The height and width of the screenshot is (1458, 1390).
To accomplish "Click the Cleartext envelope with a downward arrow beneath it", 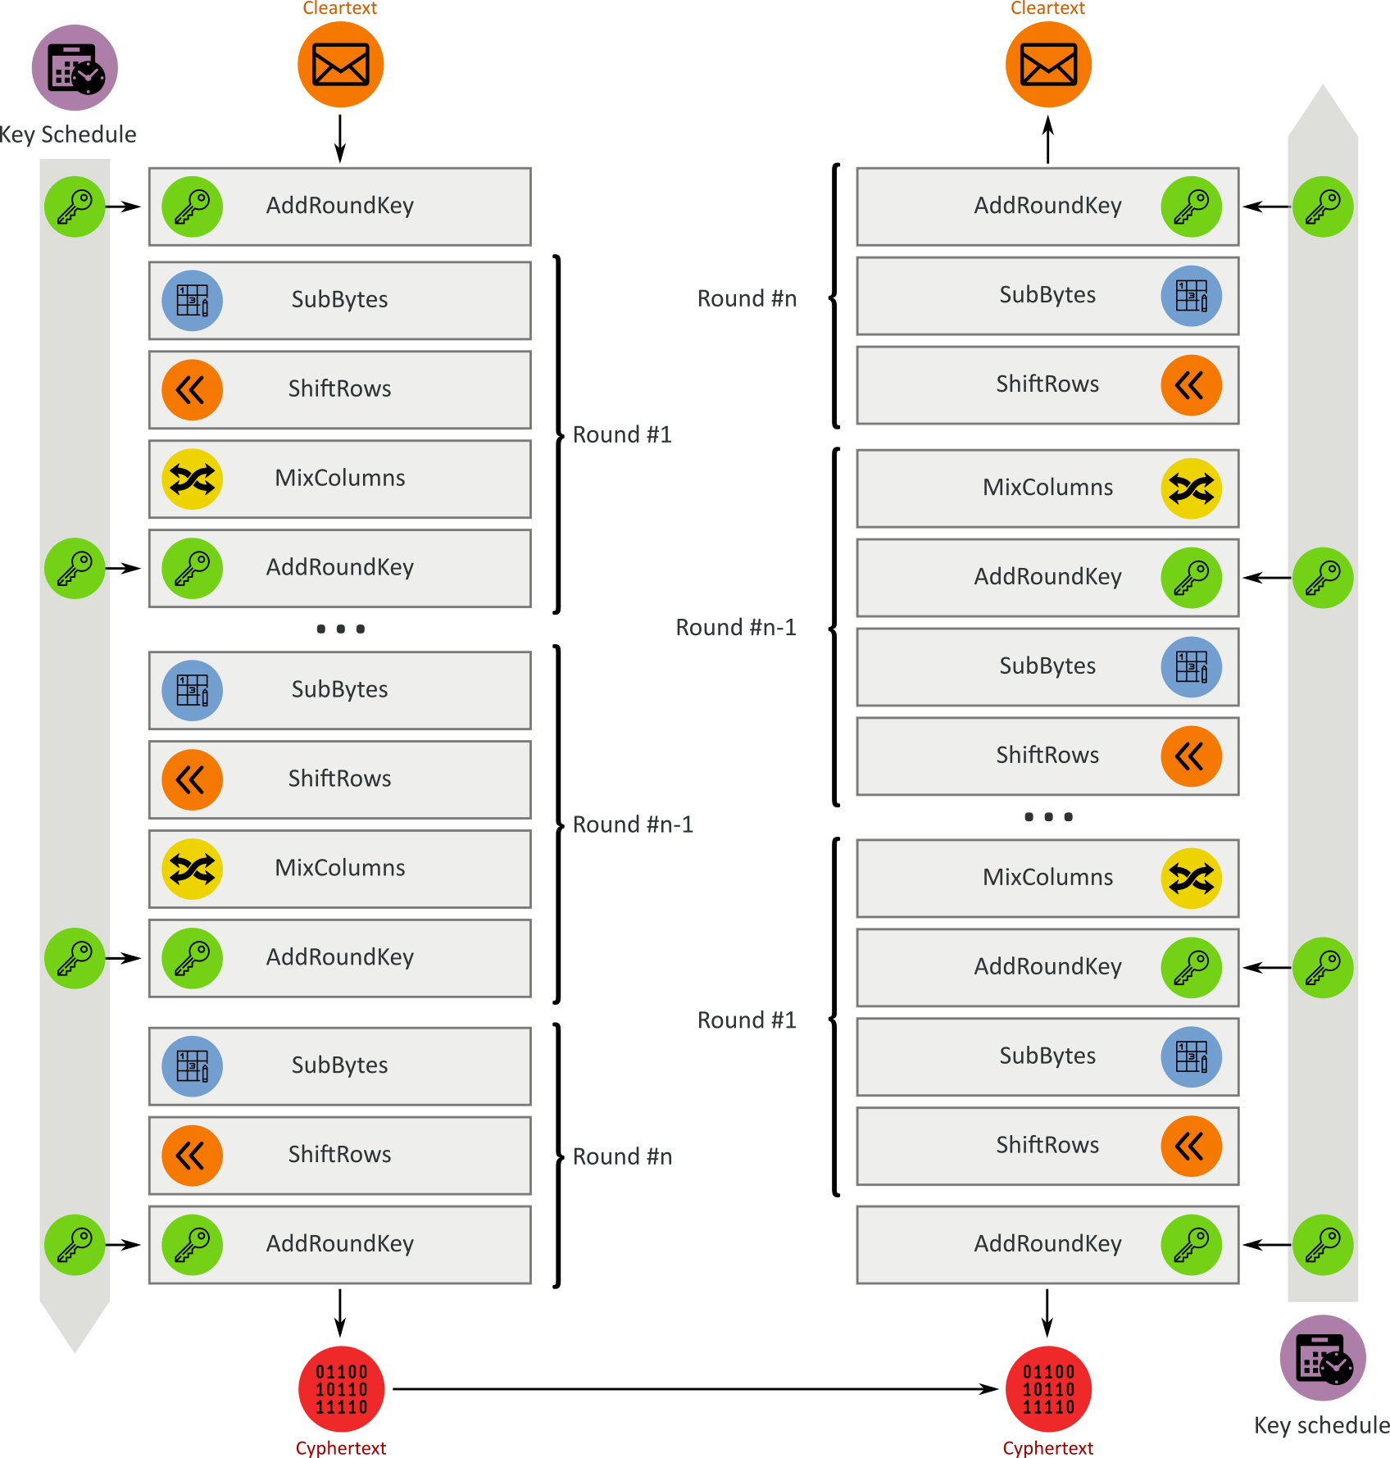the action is (x=340, y=65).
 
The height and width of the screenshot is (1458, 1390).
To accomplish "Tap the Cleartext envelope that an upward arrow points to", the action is (x=1048, y=65).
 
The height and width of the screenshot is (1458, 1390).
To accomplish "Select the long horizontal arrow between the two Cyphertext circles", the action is (x=696, y=1389).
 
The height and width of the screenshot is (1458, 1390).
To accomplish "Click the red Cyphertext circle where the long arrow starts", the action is (x=341, y=1389).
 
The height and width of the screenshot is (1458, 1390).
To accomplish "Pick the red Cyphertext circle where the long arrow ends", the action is (x=1048, y=1389).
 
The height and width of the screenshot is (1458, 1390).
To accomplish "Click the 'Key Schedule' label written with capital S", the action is (x=68, y=134).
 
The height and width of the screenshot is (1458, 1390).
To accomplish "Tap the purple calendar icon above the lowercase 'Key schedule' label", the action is (x=1323, y=1358).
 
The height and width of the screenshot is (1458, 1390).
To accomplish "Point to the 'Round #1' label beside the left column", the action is (x=622, y=434).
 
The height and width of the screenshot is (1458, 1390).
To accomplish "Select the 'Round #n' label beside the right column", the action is (x=747, y=298).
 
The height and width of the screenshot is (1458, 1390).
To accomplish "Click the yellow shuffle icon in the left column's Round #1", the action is (x=193, y=479).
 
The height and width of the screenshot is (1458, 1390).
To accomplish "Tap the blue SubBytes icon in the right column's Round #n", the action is (x=1192, y=296).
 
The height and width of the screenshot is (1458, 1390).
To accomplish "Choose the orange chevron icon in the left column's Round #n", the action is (x=193, y=1156).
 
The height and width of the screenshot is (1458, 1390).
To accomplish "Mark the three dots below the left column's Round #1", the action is (x=341, y=629).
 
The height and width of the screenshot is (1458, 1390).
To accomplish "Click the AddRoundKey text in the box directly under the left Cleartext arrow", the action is (x=340, y=205).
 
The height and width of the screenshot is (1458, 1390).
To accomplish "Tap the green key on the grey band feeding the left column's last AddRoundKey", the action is (x=75, y=1244).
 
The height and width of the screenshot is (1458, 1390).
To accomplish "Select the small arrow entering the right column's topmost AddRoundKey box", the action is (x=1267, y=207).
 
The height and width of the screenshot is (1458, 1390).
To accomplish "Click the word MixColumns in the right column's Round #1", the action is (x=1047, y=877).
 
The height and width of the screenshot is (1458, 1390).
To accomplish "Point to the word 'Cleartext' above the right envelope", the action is (x=1047, y=8).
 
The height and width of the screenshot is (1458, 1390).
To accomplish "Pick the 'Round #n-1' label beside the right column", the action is (x=736, y=627).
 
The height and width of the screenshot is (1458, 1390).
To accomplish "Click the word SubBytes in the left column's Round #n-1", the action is (x=339, y=689).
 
